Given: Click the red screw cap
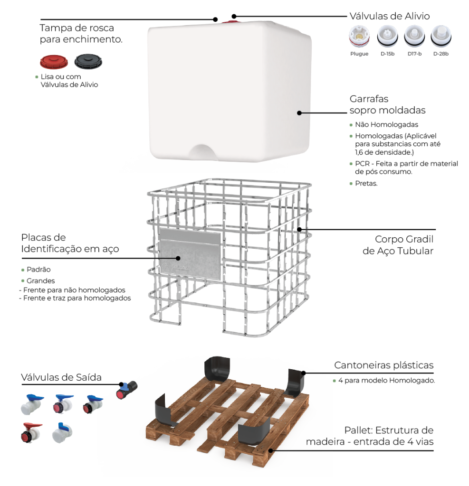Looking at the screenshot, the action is [54, 62].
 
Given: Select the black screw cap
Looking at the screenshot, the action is [88, 61].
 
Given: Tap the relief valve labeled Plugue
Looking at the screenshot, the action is [359, 37].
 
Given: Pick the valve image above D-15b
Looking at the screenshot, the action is [387, 37].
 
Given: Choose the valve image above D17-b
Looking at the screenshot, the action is [414, 37].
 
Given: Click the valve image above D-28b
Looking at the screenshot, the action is [441, 37].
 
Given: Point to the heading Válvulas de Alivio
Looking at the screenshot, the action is [390, 16].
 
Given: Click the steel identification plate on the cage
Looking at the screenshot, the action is [190, 254].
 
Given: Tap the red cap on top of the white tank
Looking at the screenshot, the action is [230, 22].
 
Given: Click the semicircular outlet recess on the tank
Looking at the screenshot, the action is [202, 152].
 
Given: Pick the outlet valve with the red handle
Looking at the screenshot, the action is [31, 432].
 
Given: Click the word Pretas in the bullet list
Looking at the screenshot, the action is [366, 183].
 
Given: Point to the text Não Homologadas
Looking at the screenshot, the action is [386, 125].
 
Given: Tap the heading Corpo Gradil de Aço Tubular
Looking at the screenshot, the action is [398, 245].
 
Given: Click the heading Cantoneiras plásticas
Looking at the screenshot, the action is [383, 365].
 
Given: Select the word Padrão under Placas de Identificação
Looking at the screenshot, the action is [38, 270].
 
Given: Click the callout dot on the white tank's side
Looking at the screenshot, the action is [299, 113].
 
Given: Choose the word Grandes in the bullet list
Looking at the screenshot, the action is [41, 281].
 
